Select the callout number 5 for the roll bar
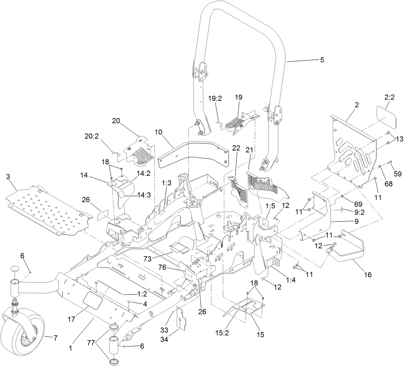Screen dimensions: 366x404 click(322, 60)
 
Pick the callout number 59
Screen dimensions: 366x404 click(398, 174)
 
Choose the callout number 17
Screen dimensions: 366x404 click(72, 319)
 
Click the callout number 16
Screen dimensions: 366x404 click(367, 275)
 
